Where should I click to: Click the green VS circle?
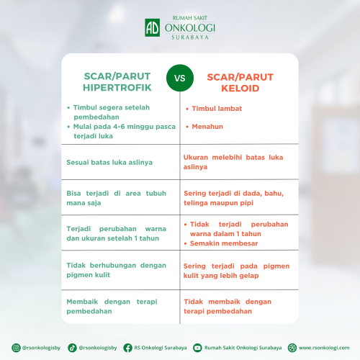[x=180, y=78]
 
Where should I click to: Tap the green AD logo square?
[x=152, y=27]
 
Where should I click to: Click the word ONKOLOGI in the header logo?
[x=189, y=28]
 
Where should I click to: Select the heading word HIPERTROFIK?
[x=117, y=88]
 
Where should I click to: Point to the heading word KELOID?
[x=240, y=89]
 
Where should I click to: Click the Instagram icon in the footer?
[x=16, y=348]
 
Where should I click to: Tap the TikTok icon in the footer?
[x=72, y=348]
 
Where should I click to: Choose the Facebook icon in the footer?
[x=127, y=348]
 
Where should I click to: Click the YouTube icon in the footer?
[x=197, y=348]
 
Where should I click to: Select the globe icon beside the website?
[x=292, y=348]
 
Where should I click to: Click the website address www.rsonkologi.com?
[x=324, y=348]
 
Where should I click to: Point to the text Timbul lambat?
[x=217, y=109]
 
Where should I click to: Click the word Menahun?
[x=207, y=127]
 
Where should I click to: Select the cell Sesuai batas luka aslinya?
[x=109, y=163]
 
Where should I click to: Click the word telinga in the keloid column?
[x=194, y=203]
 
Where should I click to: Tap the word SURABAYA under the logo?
[x=190, y=37]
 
